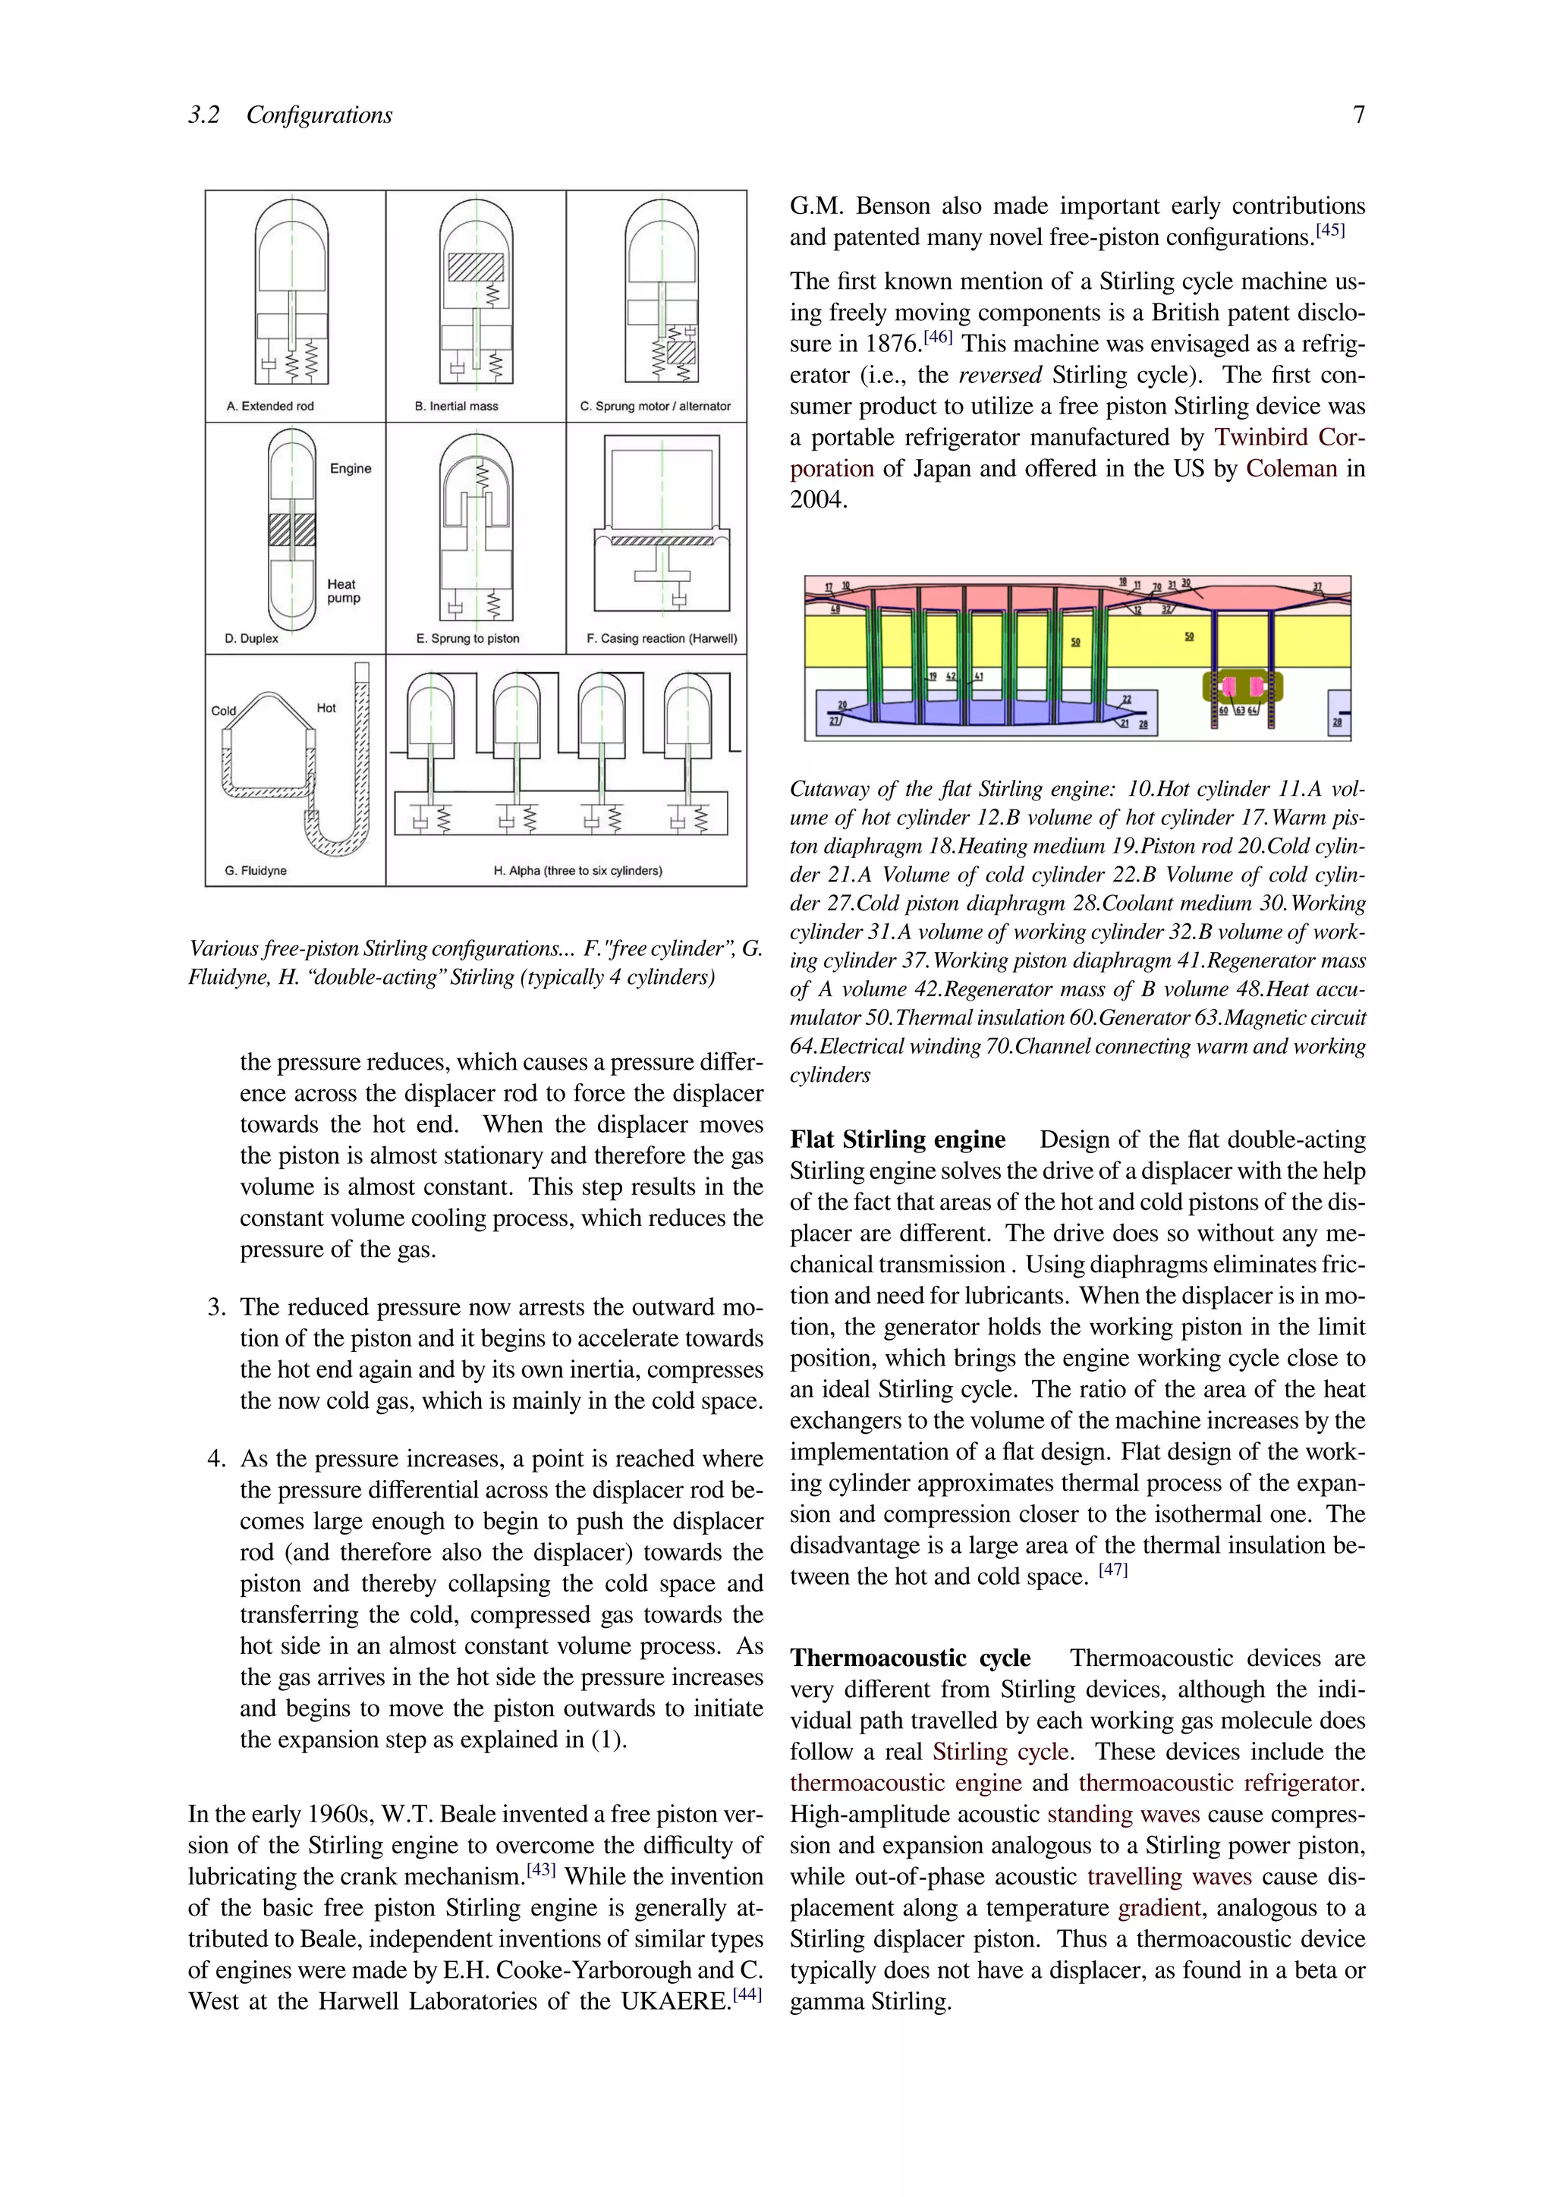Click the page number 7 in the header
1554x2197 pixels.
click(x=1357, y=115)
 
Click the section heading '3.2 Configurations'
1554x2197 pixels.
click(x=290, y=115)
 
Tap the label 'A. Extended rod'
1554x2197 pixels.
click(x=270, y=406)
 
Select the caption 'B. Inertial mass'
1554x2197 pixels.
click(x=457, y=406)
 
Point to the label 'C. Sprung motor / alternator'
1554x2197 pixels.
click(x=656, y=406)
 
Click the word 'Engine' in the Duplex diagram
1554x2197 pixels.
click(x=351, y=468)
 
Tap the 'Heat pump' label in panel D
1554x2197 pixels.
click(x=344, y=590)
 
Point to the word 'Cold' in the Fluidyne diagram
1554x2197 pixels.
click(x=223, y=710)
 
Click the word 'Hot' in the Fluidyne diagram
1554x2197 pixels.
click(x=326, y=708)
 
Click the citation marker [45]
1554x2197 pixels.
click(x=1330, y=231)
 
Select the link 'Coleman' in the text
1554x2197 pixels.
click(x=1291, y=469)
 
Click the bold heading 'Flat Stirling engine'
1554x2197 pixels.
click(x=897, y=1139)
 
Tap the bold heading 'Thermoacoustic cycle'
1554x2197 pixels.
click(x=910, y=1658)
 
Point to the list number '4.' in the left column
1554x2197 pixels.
click(x=217, y=1460)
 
